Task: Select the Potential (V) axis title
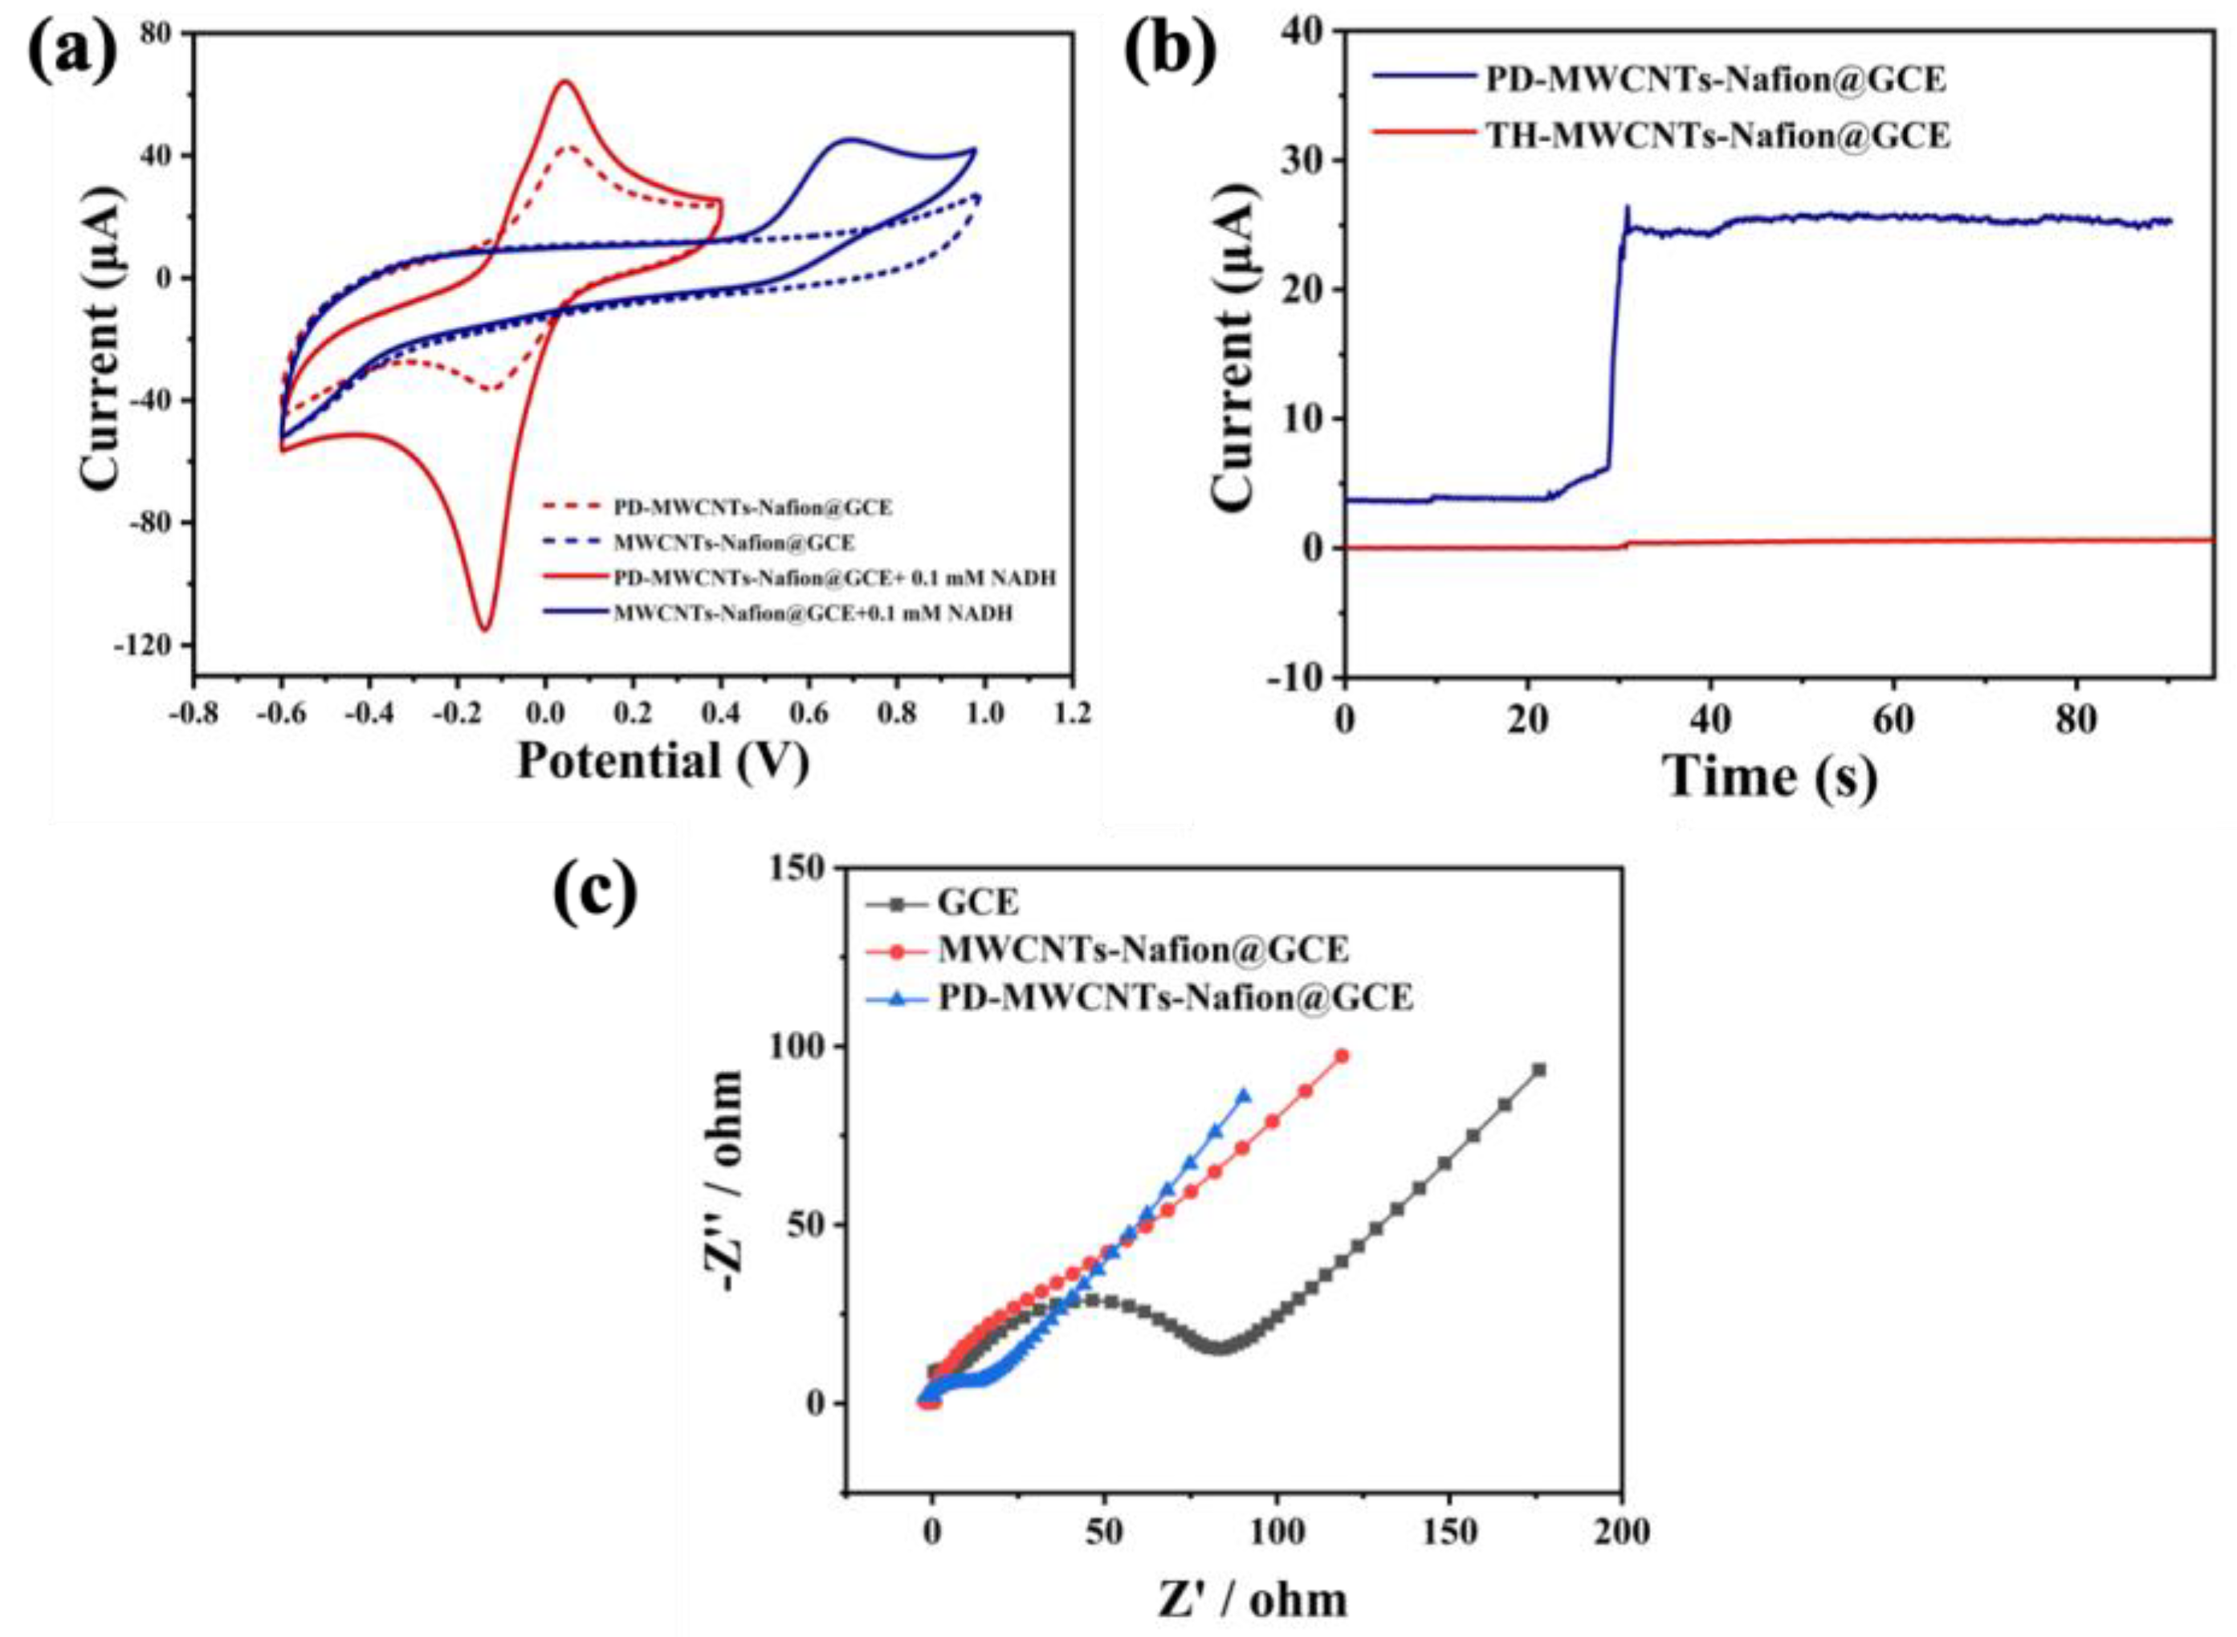pyautogui.click(x=663, y=761)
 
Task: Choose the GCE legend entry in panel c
pyautogui.click(x=977, y=902)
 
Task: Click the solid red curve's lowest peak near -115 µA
pyautogui.click(x=486, y=629)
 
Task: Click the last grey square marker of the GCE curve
pyautogui.click(x=1539, y=1070)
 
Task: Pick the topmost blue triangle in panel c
pyautogui.click(x=1244, y=1095)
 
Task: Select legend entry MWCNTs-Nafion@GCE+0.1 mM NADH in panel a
pyautogui.click(x=813, y=613)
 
